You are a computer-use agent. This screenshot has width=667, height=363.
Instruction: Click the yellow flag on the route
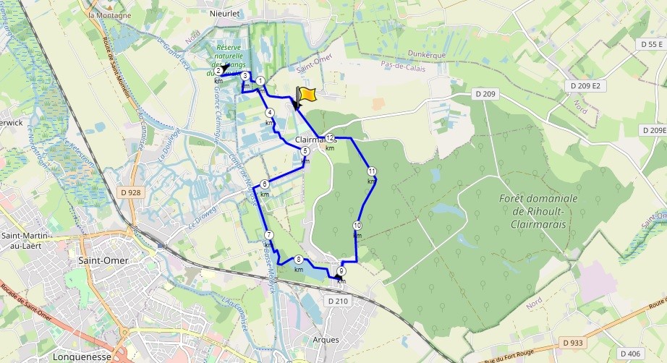click(x=307, y=95)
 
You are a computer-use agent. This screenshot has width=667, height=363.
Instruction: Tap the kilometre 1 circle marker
click(x=261, y=81)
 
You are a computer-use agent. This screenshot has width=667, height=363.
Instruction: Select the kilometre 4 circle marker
click(x=269, y=112)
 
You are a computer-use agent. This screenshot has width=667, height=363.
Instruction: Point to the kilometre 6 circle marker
click(x=265, y=184)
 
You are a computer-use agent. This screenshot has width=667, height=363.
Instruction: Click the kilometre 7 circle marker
click(x=268, y=235)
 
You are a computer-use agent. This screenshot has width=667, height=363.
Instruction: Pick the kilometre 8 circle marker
click(x=298, y=260)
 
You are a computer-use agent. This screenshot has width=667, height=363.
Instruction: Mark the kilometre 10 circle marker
click(x=357, y=225)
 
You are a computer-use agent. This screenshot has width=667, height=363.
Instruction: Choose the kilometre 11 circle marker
click(x=371, y=171)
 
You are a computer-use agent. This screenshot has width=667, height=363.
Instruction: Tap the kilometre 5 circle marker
click(x=305, y=150)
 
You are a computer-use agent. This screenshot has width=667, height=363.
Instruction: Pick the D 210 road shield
click(x=338, y=300)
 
